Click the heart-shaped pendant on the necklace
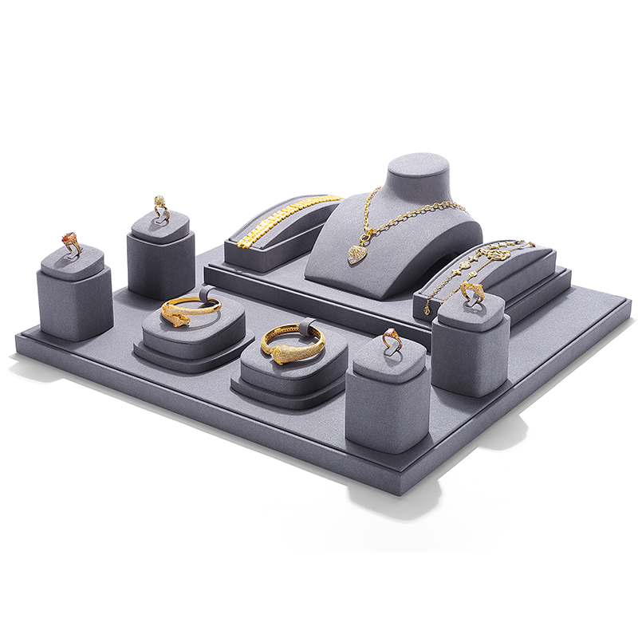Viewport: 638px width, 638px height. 356,254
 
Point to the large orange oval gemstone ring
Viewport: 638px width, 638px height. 70,241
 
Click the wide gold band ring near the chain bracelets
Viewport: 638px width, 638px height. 471,292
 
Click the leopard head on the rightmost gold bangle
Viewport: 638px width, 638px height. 282,355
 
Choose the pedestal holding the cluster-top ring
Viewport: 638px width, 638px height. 161,259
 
